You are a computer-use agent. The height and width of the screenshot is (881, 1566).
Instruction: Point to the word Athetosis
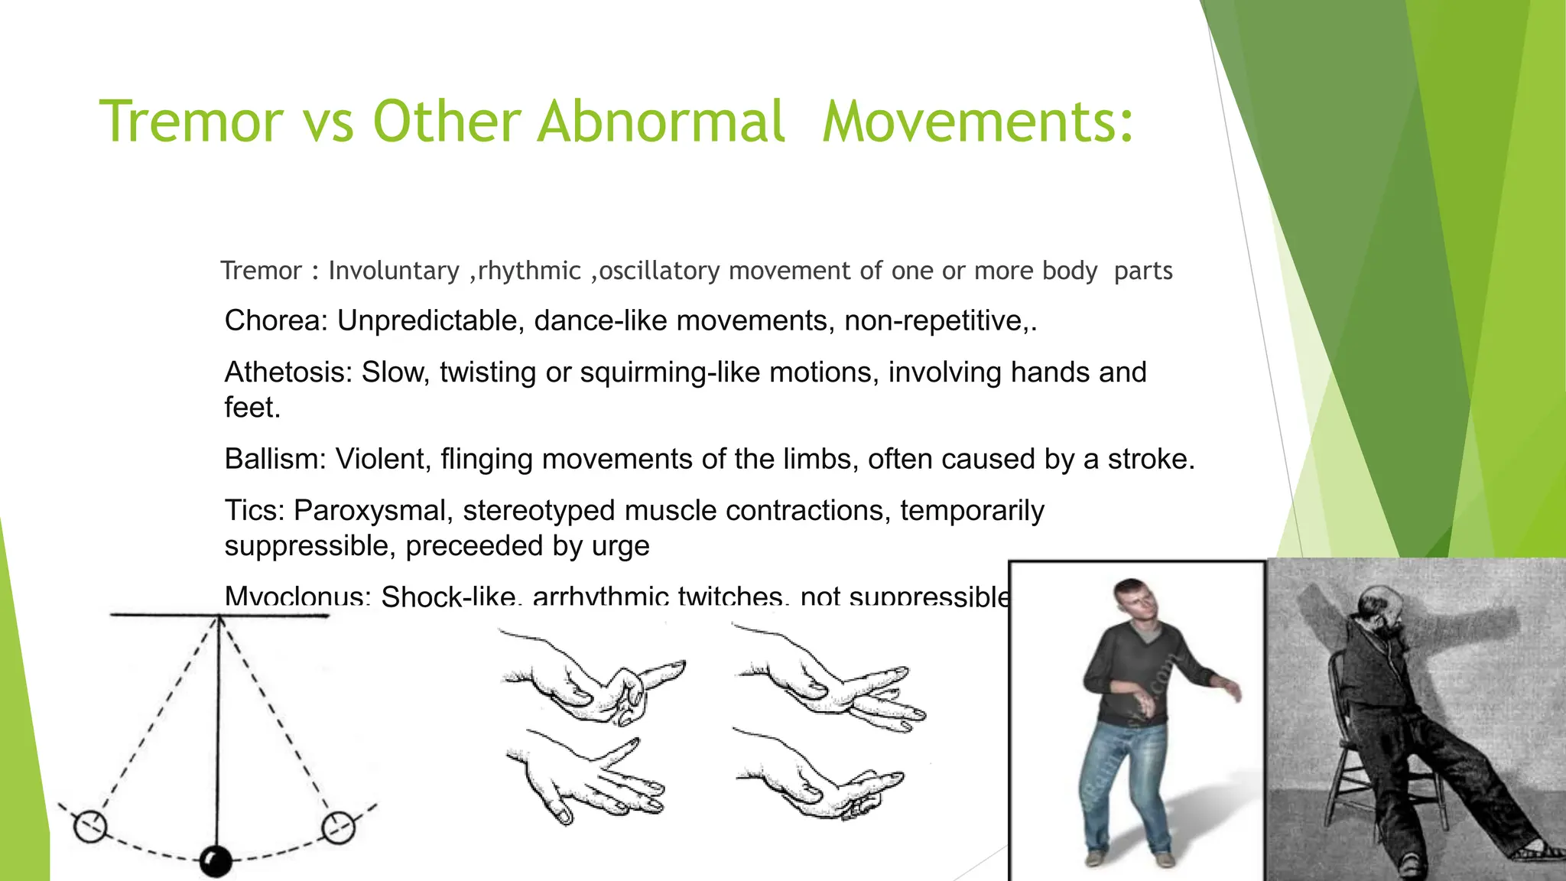[288, 372]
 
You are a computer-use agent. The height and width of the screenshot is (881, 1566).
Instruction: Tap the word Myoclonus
[297, 595]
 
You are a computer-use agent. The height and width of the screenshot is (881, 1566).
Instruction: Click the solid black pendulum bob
[216, 861]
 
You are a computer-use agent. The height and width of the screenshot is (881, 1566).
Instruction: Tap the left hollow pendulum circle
[90, 826]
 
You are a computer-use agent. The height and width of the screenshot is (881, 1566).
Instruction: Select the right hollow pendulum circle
[337, 827]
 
